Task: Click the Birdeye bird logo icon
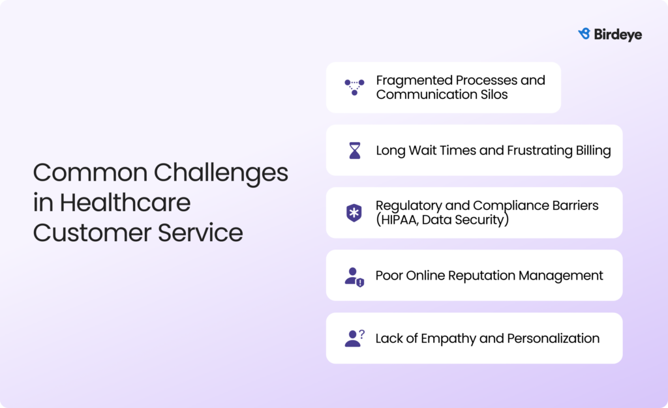(x=584, y=34)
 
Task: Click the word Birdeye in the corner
(x=618, y=35)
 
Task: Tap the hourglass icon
(x=354, y=151)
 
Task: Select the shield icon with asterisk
(x=354, y=213)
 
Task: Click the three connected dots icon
(x=354, y=87)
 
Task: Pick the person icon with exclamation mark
(x=354, y=276)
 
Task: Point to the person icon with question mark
(x=354, y=338)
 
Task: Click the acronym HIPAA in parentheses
(x=397, y=220)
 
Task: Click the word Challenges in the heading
(x=220, y=173)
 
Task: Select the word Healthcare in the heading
(x=125, y=203)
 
